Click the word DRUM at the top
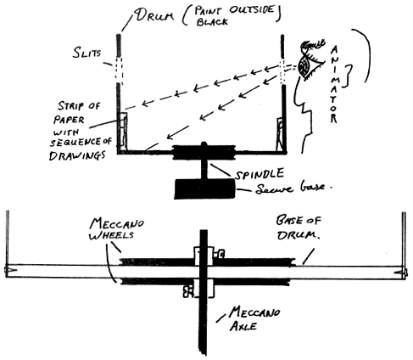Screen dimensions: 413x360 [x=154, y=15]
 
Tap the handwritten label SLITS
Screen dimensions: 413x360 [x=87, y=53]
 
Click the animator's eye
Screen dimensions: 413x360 [x=306, y=67]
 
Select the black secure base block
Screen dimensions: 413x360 [x=204, y=189]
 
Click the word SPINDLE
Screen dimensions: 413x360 [x=260, y=173]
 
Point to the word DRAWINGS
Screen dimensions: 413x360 [x=77, y=155]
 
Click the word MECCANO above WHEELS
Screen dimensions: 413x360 [x=117, y=223]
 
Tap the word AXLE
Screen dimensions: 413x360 [x=243, y=326]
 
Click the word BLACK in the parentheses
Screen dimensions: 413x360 [x=212, y=22]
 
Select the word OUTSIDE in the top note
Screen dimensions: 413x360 [x=252, y=10]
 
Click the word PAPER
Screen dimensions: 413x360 [x=69, y=120]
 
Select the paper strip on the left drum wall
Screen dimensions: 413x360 [x=123, y=130]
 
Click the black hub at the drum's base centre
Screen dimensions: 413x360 [x=204, y=153]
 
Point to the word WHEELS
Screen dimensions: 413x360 [x=111, y=235]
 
